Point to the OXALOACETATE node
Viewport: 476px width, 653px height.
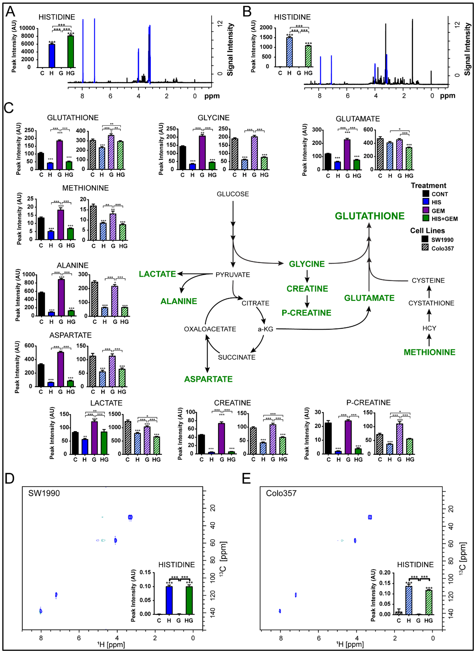click(x=210, y=329)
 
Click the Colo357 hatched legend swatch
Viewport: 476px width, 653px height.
click(x=425, y=247)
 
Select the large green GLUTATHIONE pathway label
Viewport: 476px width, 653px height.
click(x=369, y=216)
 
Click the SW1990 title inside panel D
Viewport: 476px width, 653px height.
click(x=44, y=493)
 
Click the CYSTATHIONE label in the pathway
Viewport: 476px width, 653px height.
click(x=431, y=303)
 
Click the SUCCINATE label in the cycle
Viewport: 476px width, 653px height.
click(x=237, y=357)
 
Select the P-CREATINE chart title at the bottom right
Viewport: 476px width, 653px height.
click(x=368, y=403)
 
